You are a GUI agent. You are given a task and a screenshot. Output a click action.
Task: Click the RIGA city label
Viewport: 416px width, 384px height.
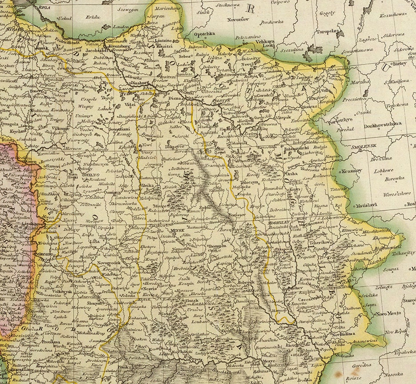(44, 8)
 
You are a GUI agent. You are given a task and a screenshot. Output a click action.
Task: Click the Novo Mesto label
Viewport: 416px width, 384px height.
(386, 313)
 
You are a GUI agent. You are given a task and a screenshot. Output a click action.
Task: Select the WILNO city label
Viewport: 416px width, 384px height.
(92, 175)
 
